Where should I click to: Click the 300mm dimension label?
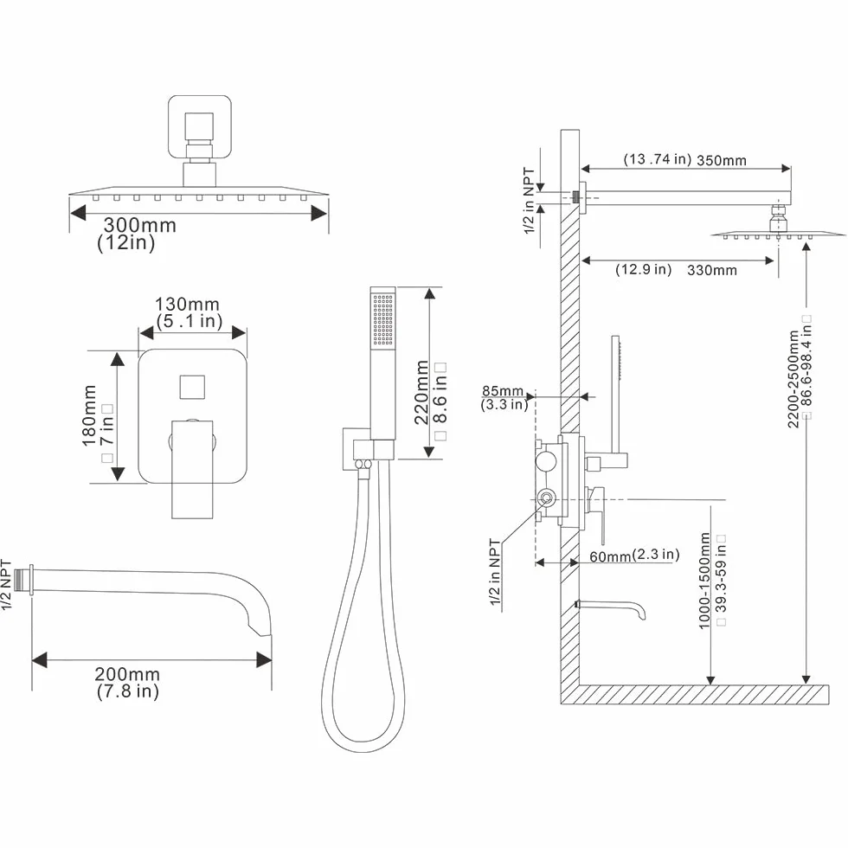139,225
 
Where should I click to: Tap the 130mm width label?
187,304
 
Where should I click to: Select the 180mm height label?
89,415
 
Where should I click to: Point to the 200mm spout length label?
127,674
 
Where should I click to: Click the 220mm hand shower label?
422,393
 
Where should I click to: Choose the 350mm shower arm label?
722,161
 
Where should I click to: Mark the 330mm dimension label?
711,270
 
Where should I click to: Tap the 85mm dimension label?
503,390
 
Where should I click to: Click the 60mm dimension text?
610,556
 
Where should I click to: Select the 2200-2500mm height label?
793,379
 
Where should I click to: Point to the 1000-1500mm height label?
704,581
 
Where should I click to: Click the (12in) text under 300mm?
126,242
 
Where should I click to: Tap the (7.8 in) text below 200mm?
128,691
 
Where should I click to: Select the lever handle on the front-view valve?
192,469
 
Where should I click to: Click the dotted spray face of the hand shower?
383,319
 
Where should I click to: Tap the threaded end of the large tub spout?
22,581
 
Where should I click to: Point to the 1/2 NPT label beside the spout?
6,585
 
